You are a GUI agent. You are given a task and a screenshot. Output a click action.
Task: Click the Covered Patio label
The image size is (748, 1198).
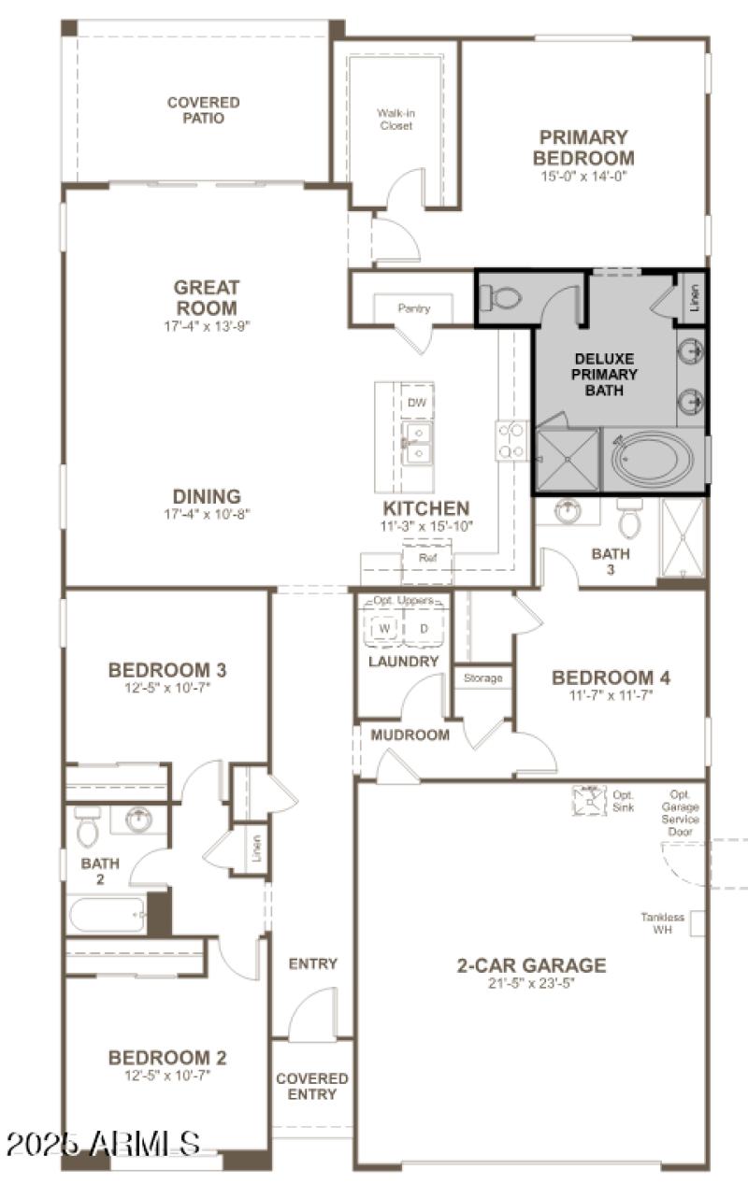click(203, 110)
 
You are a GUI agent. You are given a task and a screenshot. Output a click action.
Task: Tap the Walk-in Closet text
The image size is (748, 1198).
click(396, 120)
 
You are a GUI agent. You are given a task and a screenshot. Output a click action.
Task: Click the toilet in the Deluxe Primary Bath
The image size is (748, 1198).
click(502, 298)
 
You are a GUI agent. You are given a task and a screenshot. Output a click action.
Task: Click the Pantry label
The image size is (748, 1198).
click(413, 308)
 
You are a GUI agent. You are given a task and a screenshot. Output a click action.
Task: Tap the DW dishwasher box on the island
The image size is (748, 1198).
click(417, 402)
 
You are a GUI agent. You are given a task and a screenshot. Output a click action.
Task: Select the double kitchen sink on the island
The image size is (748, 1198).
click(417, 443)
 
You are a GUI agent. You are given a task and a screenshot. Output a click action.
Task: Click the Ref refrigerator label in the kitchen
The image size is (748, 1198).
click(427, 558)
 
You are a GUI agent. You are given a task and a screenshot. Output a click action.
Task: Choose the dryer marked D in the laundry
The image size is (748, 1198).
click(424, 629)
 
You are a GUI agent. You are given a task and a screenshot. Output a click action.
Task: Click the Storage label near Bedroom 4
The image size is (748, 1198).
click(482, 678)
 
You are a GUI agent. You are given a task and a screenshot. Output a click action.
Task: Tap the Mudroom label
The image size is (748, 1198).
click(410, 734)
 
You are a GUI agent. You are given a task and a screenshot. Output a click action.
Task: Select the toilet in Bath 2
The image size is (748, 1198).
click(87, 826)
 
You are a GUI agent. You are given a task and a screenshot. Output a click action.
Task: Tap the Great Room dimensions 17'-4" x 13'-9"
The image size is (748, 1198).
click(206, 326)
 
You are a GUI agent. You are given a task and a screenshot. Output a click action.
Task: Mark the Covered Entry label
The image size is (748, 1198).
click(311, 1086)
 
